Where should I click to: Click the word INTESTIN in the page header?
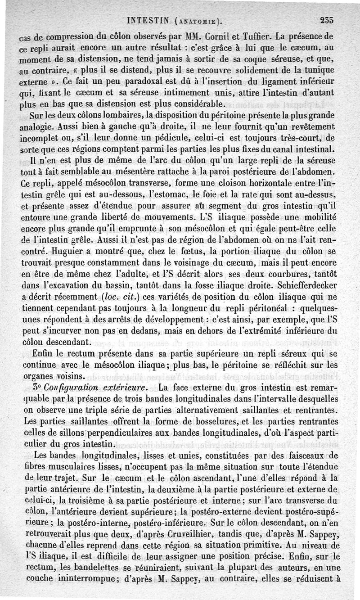(148, 21)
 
